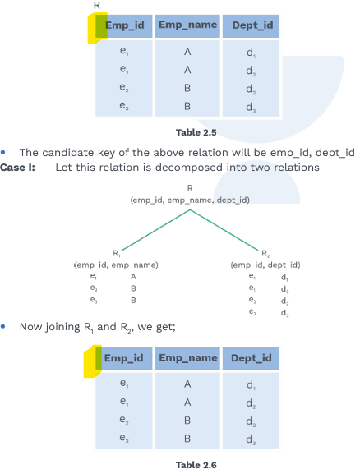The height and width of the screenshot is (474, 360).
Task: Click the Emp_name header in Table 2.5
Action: click(x=187, y=25)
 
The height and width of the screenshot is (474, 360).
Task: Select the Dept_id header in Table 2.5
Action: click(x=252, y=25)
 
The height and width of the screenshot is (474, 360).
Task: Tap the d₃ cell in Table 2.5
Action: click(x=251, y=108)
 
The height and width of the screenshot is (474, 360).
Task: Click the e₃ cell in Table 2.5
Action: click(x=124, y=105)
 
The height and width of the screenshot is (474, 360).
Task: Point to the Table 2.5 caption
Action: click(x=196, y=132)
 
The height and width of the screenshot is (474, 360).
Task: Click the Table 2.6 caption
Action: click(x=196, y=465)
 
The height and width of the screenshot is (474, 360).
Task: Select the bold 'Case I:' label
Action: click(x=17, y=167)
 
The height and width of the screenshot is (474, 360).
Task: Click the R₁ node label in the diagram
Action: click(x=117, y=253)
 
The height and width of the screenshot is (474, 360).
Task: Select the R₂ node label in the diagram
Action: click(x=265, y=253)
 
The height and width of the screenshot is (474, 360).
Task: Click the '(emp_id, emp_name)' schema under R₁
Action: click(x=116, y=265)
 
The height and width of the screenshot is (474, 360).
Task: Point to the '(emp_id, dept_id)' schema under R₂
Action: click(x=265, y=265)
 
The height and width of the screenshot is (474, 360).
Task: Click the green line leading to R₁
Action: click(x=156, y=230)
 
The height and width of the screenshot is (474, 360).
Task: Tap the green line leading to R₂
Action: click(x=224, y=230)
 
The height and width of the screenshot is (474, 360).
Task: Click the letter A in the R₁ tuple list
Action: click(x=133, y=277)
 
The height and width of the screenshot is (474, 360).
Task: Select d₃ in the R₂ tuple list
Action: click(x=284, y=313)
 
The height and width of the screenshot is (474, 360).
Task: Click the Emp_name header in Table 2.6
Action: click(x=188, y=358)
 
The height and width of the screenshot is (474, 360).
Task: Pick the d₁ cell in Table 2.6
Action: click(x=251, y=384)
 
